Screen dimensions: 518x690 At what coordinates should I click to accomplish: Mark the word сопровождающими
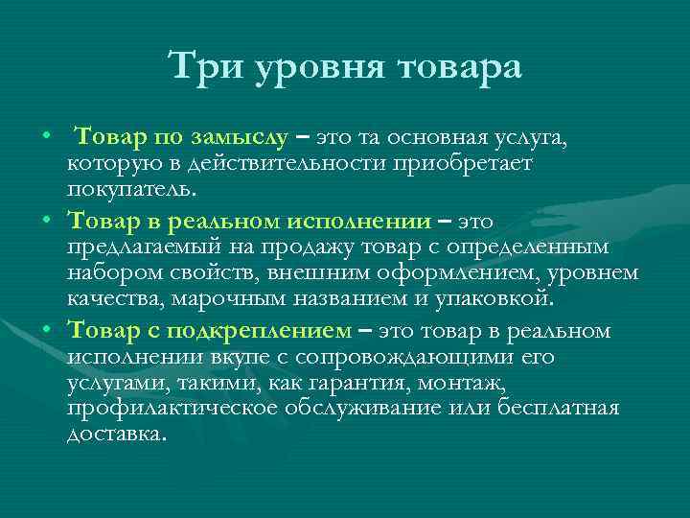coord(407,359)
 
